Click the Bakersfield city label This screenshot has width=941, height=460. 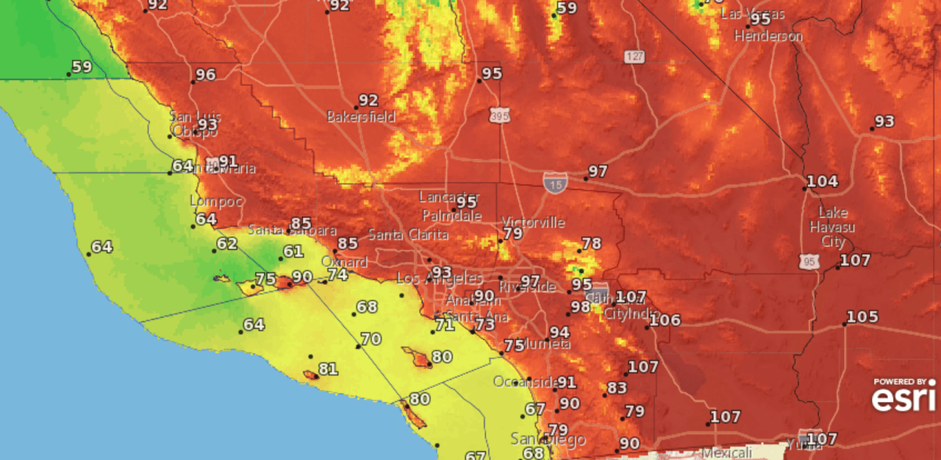coord(360,116)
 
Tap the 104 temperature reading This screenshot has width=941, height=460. coord(822,182)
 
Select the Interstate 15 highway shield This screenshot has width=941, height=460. coord(554,182)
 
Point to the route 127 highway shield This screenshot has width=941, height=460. coord(634,56)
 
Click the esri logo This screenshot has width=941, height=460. coord(904,397)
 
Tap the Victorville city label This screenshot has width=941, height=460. coord(533,222)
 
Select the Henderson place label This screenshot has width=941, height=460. coord(768,35)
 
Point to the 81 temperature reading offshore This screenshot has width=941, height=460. coord(328,369)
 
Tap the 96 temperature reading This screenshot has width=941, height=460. coord(206,75)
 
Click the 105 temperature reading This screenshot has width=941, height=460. coord(862,317)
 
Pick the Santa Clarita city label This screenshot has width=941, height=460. coord(408,235)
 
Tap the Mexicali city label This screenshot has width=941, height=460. coord(726,452)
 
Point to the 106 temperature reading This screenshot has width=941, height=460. coord(665,320)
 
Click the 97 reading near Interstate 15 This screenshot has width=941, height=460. coord(598,171)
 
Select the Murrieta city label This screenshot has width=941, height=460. coord(544,344)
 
